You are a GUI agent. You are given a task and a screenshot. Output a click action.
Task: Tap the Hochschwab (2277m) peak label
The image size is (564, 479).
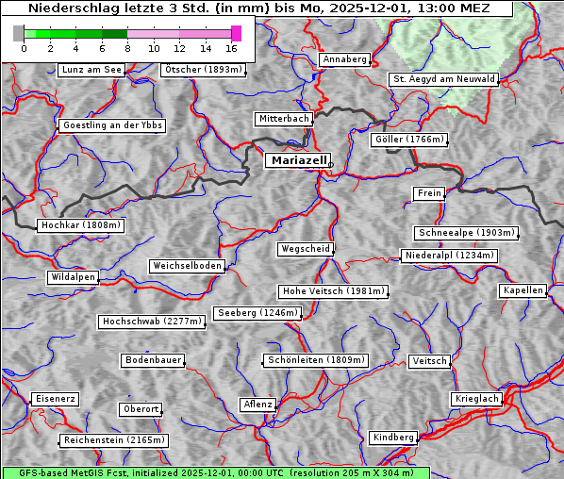[152, 322]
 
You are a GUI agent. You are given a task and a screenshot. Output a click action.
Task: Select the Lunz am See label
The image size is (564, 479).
[91, 70]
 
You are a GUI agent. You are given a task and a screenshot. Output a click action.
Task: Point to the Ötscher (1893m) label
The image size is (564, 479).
[203, 70]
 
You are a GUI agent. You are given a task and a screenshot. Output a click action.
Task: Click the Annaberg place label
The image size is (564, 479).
[344, 59]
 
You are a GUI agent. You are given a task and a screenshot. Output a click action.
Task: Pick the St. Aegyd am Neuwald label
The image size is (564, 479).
[443, 79]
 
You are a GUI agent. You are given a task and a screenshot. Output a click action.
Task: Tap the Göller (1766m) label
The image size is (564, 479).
[408, 140]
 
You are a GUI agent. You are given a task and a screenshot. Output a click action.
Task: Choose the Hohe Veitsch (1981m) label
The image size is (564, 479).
[333, 291]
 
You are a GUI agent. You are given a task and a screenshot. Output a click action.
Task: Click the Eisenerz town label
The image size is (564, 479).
[55, 399]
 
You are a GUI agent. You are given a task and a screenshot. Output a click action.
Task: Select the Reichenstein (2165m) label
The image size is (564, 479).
[114, 440]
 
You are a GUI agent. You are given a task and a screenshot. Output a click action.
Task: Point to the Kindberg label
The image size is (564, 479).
[393, 438]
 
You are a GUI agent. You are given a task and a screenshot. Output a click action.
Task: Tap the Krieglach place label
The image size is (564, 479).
[476, 399]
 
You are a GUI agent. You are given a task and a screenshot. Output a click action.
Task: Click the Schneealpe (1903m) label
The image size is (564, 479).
[466, 233]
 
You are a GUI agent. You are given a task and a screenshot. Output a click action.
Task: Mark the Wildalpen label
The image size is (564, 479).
[74, 277]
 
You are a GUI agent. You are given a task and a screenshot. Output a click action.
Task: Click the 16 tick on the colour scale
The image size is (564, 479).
[231, 48]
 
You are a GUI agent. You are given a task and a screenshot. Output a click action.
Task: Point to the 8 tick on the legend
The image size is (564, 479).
[127, 48]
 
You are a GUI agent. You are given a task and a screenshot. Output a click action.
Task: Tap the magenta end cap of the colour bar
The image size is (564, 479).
[236, 33]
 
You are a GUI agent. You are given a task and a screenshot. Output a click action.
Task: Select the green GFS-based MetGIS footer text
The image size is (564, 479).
[215, 472]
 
